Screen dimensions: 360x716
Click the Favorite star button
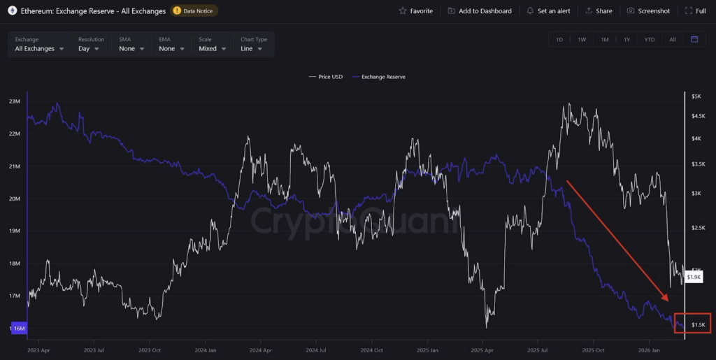click(x=415, y=11)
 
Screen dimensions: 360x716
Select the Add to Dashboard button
click(x=480, y=11)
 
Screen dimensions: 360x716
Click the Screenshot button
click(x=648, y=11)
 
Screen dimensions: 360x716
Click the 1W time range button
click(x=582, y=39)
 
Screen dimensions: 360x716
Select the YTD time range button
click(x=650, y=39)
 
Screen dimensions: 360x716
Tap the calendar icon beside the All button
click(x=694, y=39)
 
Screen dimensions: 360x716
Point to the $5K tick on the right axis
click(x=696, y=96)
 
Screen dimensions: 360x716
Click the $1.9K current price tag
click(x=694, y=278)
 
